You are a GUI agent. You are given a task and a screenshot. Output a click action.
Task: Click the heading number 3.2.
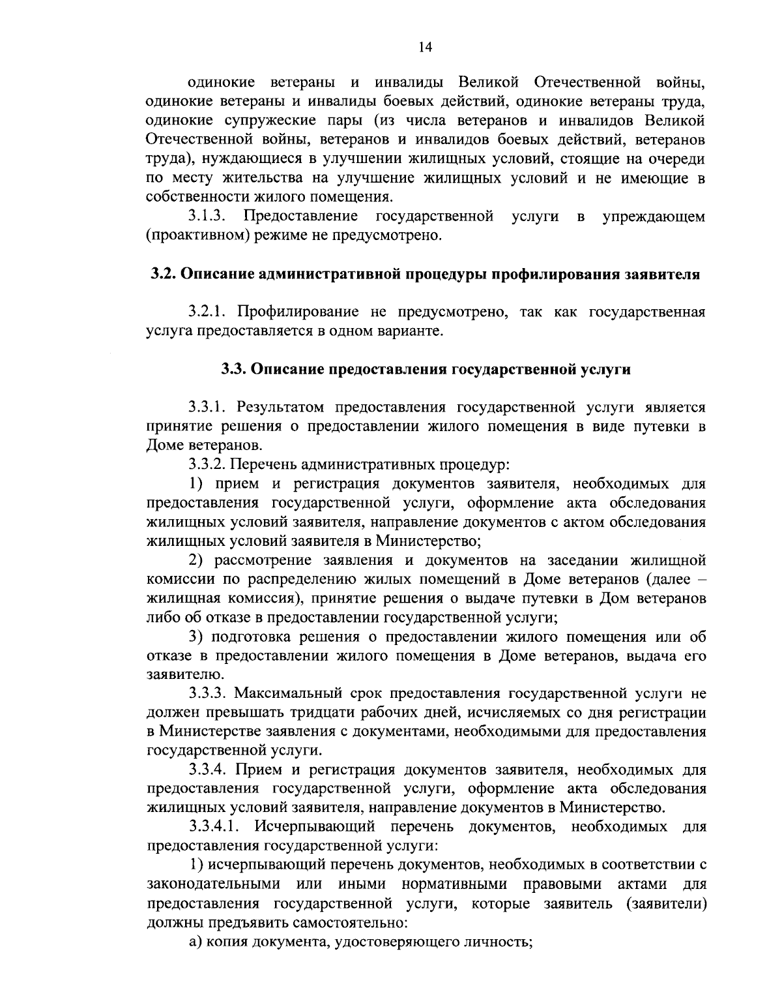163,274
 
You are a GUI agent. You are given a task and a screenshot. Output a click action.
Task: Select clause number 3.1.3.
207,216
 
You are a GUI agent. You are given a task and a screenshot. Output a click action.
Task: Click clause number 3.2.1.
207,312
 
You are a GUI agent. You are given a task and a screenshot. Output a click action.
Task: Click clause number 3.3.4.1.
215,827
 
